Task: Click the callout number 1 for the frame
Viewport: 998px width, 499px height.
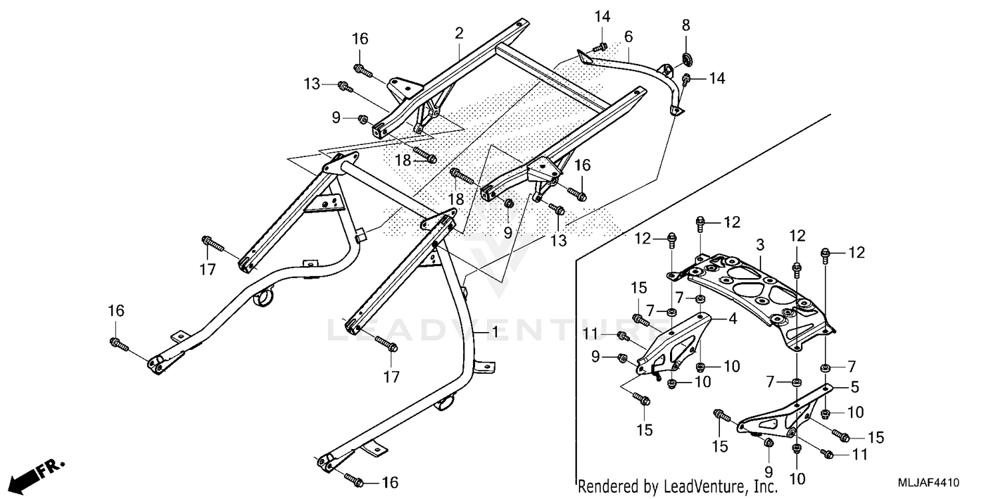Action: point(494,331)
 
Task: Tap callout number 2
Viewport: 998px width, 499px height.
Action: point(459,33)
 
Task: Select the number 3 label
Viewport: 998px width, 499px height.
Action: point(760,244)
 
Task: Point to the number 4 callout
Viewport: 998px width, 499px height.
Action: point(732,319)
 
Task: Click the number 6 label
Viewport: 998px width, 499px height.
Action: point(628,36)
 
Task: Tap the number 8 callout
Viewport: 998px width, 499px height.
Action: point(686,25)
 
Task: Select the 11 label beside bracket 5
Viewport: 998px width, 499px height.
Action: point(860,455)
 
